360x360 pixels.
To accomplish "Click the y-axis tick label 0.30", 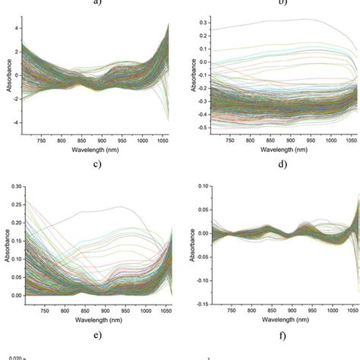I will [14, 185].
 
